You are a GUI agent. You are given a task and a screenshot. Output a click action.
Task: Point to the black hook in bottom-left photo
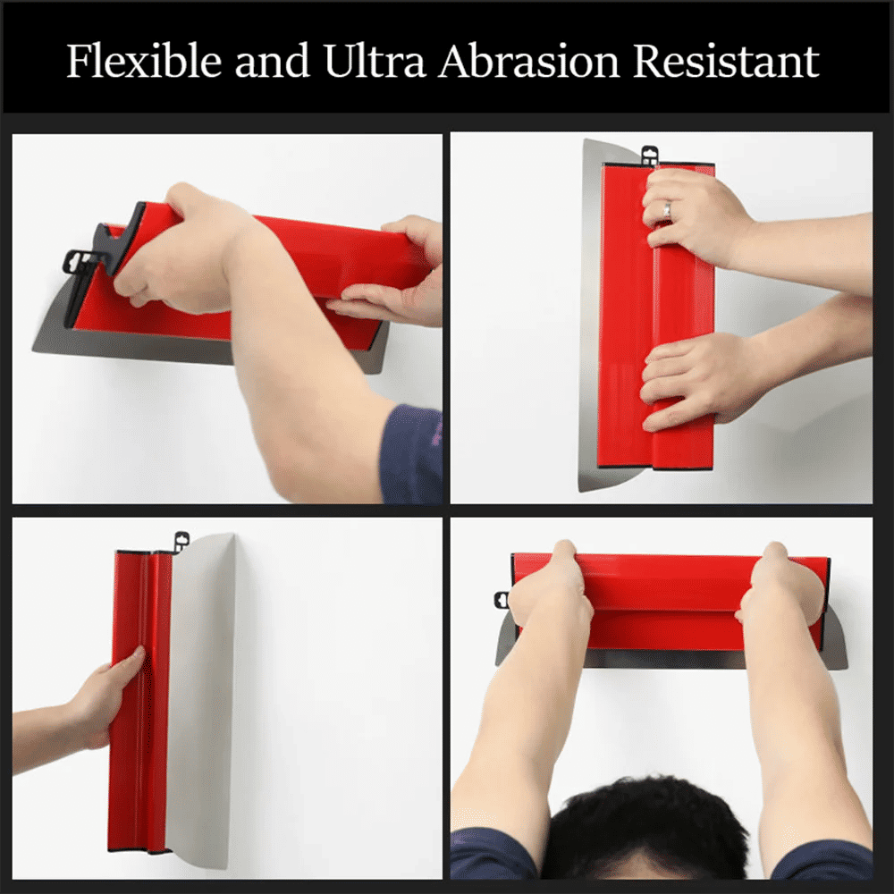click(181, 540)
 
